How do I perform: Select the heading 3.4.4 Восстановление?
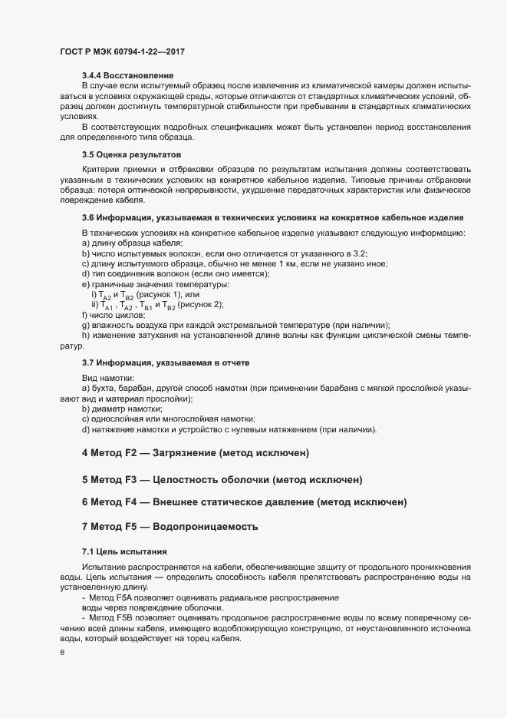click(127, 74)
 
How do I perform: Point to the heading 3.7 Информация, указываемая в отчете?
click(166, 362)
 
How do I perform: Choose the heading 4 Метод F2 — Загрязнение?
click(196, 453)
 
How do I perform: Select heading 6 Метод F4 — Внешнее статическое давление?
click(244, 502)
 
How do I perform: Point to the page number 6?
click(62, 653)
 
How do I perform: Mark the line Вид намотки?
click(108, 379)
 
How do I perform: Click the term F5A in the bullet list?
click(123, 597)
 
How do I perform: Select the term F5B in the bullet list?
click(123, 617)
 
